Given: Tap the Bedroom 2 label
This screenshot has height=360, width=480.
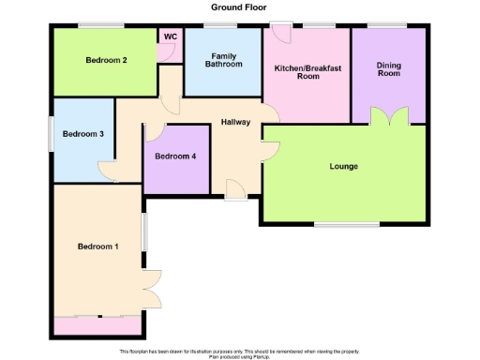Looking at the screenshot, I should pyautogui.click(x=106, y=61).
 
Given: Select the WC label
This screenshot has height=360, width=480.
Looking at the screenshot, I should pyautogui.click(x=170, y=37).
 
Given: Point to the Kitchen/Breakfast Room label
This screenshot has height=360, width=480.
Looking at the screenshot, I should pyautogui.click(x=306, y=72).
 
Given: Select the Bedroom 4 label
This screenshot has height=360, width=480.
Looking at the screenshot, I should pyautogui.click(x=175, y=157).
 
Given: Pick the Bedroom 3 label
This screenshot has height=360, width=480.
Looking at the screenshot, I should pyautogui.click(x=82, y=134).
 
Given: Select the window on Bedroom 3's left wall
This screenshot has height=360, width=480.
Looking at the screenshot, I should pyautogui.click(x=52, y=133).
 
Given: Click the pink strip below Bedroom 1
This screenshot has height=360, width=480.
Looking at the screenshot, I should pyautogui.click(x=97, y=325).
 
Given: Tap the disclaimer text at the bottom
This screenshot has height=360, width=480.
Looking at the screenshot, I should pyautogui.click(x=238, y=353).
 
